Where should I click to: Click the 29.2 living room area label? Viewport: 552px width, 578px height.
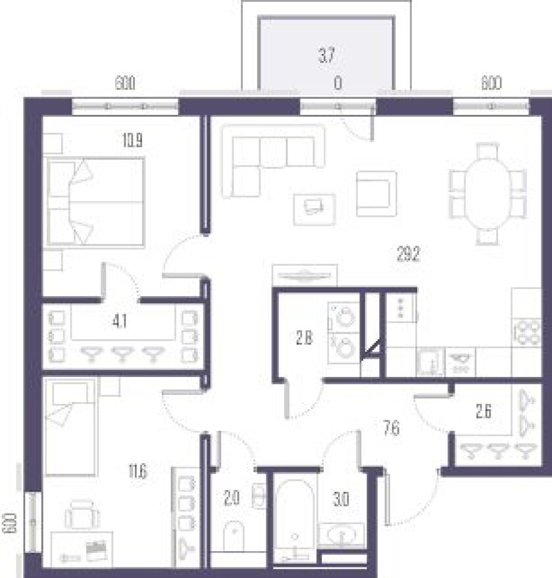[x=409, y=254]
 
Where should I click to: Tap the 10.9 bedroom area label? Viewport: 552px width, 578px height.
[x=132, y=140]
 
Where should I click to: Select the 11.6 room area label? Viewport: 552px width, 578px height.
[x=138, y=472]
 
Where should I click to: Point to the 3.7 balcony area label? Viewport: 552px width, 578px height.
[x=327, y=56]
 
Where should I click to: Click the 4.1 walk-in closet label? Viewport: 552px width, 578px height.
[x=120, y=322]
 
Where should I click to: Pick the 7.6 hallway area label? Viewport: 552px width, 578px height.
[x=391, y=429]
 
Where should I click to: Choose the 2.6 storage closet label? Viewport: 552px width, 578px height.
[x=484, y=412]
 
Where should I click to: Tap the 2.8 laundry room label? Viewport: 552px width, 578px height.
[x=304, y=338]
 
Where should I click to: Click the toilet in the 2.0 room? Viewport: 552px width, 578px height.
[x=234, y=535]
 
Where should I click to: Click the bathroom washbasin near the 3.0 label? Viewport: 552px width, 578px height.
[x=341, y=535]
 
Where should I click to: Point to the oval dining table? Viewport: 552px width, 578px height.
[x=487, y=194]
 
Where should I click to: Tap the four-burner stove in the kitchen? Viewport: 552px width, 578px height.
[x=527, y=333]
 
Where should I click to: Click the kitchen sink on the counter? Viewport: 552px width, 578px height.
[x=431, y=361]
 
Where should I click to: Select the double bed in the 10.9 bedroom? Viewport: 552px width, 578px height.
[x=95, y=202]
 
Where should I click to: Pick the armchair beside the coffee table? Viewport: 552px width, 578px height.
[x=376, y=194]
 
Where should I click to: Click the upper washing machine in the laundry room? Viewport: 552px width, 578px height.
[x=344, y=317]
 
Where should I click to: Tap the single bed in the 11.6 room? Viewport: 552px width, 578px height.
[x=70, y=427]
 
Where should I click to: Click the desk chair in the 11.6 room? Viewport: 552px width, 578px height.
[x=82, y=514]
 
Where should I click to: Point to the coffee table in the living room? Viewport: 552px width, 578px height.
[x=314, y=209]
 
